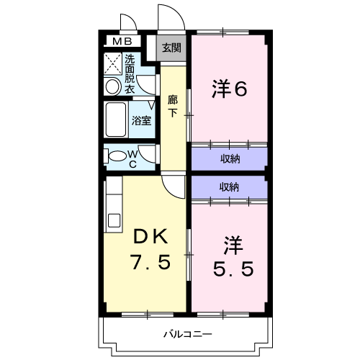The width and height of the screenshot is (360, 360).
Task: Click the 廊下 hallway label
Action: (173, 106)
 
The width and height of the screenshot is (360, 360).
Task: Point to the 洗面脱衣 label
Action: (130, 74)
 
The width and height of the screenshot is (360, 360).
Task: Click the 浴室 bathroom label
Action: (140, 120)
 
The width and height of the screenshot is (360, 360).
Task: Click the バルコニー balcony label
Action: (186, 335)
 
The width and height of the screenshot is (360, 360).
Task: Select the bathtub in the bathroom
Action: (116, 120)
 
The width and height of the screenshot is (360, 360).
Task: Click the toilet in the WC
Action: (115, 155)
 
